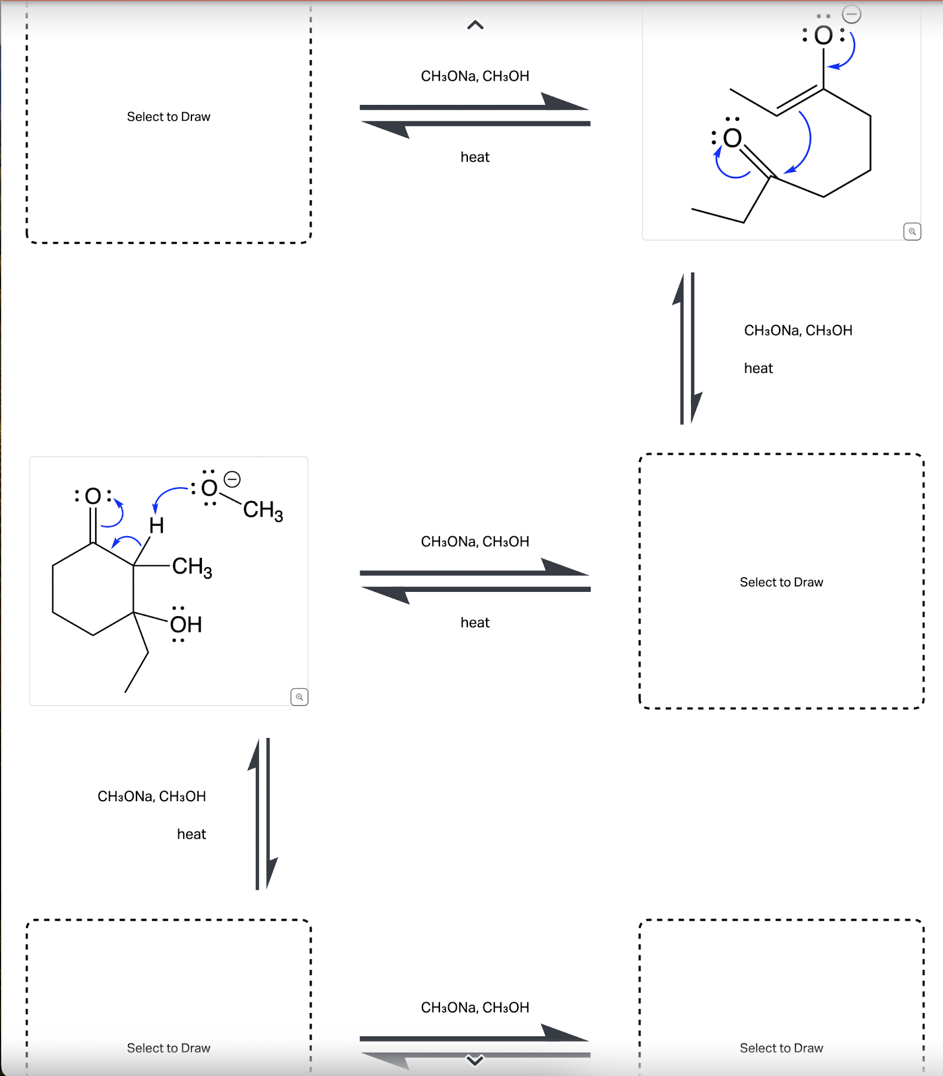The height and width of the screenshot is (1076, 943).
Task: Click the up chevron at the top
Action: coord(475,25)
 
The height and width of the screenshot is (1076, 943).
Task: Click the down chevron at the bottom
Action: coord(475,1060)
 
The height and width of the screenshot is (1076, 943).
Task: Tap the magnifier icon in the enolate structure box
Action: coord(912,232)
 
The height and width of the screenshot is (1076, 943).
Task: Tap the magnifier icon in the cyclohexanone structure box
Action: coord(299,697)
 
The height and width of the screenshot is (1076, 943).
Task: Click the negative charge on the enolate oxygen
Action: coord(851,14)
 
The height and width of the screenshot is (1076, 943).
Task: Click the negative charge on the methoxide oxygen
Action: coord(232,480)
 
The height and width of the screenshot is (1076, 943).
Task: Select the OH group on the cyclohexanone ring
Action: coord(186,624)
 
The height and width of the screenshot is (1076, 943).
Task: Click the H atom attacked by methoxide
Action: coord(156,526)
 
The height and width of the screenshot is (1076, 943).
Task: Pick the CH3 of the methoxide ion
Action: coord(263,510)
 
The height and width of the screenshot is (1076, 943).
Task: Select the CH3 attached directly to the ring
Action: coord(192,567)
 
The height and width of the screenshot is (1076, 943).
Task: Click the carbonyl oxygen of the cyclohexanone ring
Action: coord(93,496)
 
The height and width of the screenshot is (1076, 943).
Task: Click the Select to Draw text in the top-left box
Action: coord(169,117)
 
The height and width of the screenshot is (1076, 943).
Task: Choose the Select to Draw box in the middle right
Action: coord(781,582)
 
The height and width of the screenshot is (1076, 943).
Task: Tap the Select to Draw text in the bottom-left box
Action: coord(169,1048)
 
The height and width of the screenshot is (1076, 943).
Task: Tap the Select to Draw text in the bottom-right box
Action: coord(781,1048)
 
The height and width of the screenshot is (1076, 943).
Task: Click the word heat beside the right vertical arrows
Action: coord(758,368)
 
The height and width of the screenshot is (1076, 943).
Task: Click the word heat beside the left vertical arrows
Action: coord(191,834)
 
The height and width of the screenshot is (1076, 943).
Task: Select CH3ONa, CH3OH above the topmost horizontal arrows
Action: coord(475,76)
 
